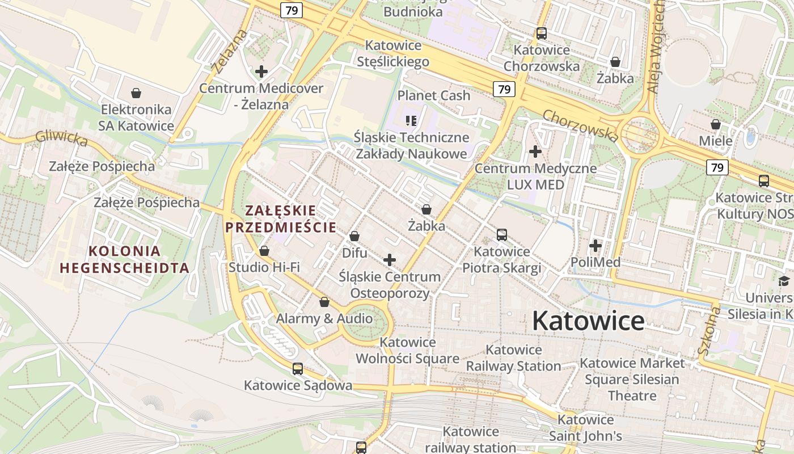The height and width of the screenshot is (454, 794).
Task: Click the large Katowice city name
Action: pos(588,321)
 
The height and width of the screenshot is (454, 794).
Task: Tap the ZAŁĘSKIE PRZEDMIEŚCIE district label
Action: pos(281,219)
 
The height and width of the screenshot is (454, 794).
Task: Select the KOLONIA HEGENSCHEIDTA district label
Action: pos(125,259)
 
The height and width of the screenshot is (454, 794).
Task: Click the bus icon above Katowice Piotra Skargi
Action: pos(501,234)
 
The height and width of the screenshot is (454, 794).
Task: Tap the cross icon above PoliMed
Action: pos(595,246)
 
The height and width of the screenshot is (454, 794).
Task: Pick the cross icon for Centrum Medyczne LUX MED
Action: pos(535,152)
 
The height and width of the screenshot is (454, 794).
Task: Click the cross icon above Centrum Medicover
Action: pos(261,72)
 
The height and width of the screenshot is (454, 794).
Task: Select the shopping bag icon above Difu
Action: pos(354,236)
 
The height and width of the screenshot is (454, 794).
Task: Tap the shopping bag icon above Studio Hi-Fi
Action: pos(264,251)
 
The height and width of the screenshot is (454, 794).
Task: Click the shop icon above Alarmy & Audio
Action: pos(324,302)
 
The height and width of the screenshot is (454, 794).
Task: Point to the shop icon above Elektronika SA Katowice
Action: pos(136,93)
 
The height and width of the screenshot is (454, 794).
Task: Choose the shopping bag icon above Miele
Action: pos(716,124)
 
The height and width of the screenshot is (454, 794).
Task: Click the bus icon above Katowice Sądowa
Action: pos(298,369)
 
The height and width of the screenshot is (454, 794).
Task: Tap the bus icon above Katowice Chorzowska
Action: pos(542,33)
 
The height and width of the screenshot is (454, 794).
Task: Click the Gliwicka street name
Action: pos(61,138)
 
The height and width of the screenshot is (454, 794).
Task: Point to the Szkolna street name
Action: pos(711,330)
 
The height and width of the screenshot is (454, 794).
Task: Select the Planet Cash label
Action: pos(434,95)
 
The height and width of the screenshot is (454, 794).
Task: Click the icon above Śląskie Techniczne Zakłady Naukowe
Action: pos(411,120)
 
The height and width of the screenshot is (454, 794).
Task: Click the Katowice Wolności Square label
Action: pos(407,350)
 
